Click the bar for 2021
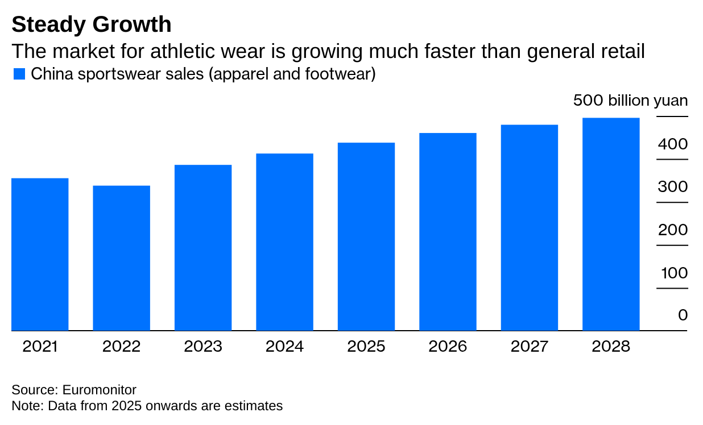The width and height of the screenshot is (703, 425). click(40, 254)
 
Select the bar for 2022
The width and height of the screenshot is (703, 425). click(122, 258)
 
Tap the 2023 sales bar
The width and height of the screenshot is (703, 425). click(203, 248)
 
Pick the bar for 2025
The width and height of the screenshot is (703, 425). click(366, 236)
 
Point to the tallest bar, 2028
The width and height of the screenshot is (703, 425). click(611, 224)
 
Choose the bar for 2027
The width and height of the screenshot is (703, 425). click(530, 227)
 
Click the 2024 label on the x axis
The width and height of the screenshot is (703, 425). click(284, 347)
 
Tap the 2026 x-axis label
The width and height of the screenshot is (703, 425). click(448, 347)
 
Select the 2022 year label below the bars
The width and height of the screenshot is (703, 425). click(122, 347)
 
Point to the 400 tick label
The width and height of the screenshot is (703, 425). click(673, 144)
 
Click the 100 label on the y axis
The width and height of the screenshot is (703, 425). click(674, 273)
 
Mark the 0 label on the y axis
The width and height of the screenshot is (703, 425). click(683, 315)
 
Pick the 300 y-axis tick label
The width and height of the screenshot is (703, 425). click(673, 188)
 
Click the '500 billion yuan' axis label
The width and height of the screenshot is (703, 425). click(630, 101)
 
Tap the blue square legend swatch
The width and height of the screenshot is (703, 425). click(19, 74)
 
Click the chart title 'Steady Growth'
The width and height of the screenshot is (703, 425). click(91, 24)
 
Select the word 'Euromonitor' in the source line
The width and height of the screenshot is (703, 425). click(99, 390)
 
